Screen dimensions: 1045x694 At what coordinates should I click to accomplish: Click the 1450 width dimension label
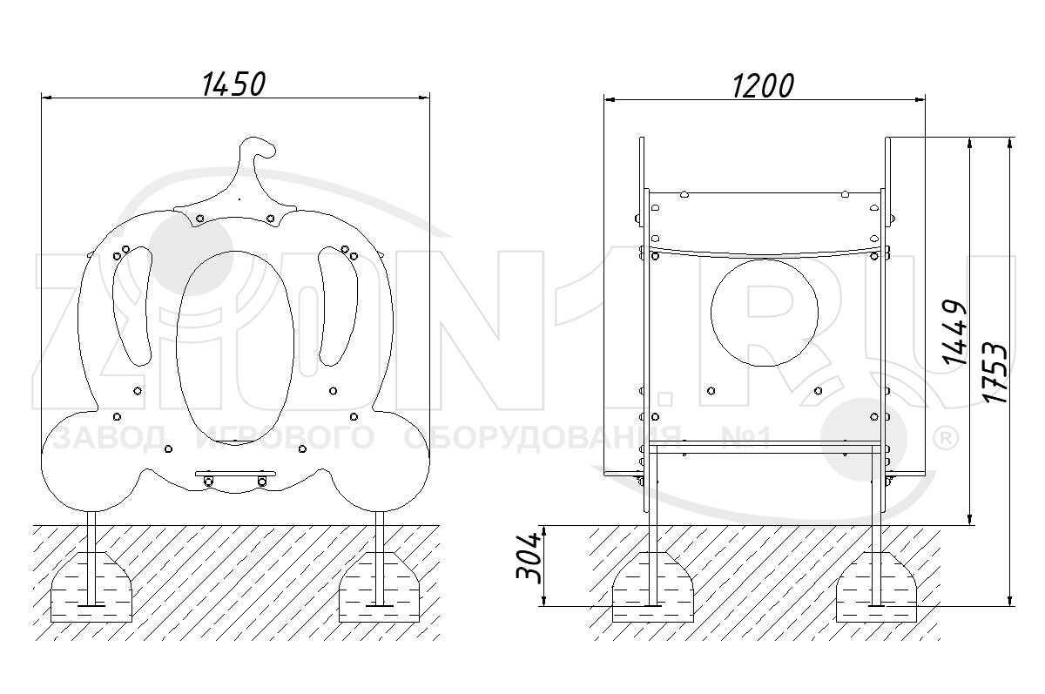[x=233, y=84]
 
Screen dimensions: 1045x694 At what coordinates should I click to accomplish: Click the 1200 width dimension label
[x=763, y=86]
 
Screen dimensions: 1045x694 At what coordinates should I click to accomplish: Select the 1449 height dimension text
[x=953, y=332]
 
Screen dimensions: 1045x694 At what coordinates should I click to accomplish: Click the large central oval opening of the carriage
[x=235, y=348]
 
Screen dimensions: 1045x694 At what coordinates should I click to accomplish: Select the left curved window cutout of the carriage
[x=132, y=306]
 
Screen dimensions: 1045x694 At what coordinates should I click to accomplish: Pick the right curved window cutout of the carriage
[x=338, y=306]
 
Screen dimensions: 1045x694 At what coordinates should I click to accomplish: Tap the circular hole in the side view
[x=765, y=313]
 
